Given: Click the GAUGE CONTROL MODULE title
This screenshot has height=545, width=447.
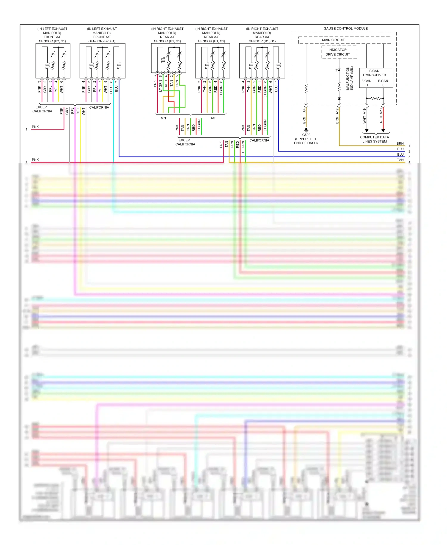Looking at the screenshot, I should coord(345,29).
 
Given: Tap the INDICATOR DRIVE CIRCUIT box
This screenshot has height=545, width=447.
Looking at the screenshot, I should coord(339,52).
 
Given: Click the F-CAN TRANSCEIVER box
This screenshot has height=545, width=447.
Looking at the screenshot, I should coord(376,78).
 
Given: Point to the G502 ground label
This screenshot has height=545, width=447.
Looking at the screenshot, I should coord(306,135).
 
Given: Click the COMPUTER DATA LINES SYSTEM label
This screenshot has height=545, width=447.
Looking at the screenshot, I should coord(374,139).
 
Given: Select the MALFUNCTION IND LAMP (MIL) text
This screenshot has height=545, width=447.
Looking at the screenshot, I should coord(350,78).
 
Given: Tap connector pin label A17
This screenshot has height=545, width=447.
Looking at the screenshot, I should coord(337,111).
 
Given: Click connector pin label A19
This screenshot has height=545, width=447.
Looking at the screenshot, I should coord(364,111).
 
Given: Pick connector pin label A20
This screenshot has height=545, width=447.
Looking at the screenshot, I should coord(381,111).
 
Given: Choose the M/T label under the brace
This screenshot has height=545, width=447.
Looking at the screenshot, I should coord(164,118).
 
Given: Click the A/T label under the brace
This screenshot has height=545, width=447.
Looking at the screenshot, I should coord(213,118).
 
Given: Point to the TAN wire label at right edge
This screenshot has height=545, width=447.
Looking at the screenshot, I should coord(400,160).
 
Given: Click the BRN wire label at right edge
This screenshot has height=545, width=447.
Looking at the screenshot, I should coord(400,143).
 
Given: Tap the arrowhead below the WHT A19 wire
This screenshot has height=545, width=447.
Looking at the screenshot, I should coord(367,131).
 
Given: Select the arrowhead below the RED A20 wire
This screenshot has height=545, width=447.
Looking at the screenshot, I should coord(383,131).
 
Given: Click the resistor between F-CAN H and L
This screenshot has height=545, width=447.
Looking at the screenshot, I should coord(375,98).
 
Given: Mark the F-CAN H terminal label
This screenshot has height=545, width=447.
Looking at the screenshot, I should coord(366,83).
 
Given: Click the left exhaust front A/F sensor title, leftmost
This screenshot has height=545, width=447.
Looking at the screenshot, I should coord(52,35).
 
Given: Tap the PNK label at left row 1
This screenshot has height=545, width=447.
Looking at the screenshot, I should coord(35,127).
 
